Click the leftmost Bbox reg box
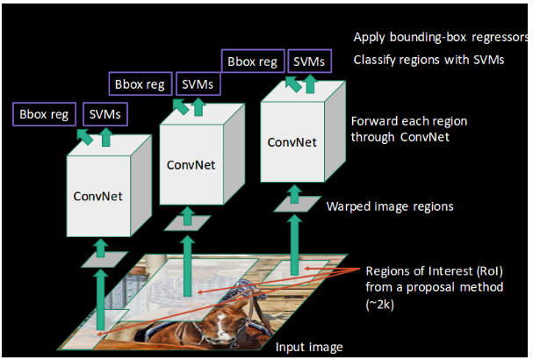44,114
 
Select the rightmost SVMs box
309,61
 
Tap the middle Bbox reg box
140,83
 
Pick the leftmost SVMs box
105,114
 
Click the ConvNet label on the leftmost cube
97,196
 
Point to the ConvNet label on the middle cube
191,165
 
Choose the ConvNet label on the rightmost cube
292,142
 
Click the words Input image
309,347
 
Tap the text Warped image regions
390,206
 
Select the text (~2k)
380,304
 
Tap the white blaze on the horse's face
222,326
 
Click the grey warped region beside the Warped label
298,204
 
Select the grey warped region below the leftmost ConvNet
104,259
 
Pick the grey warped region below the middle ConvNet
188,223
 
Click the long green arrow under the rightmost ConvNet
294,245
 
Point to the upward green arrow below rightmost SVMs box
310,83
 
